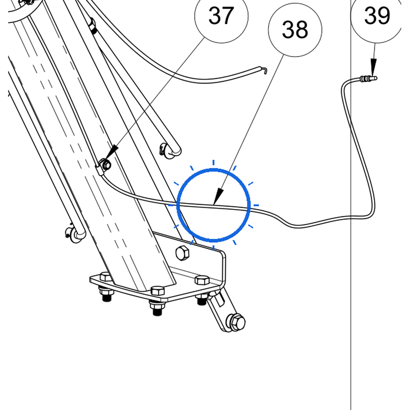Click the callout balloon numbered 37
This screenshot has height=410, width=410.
click(221, 16)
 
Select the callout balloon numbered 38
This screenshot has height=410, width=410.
click(295, 30)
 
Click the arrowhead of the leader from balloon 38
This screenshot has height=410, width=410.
click(218, 197)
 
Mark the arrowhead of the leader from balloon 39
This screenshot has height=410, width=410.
click(374, 67)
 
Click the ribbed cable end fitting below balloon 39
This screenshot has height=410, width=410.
click(368, 78)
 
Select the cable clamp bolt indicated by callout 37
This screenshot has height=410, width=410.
click(106, 165)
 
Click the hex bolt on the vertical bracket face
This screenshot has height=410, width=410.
click(182, 253)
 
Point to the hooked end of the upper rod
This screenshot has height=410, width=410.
click(264, 70)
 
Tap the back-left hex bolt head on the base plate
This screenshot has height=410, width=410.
click(106, 276)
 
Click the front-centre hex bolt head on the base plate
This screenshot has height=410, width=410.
click(158, 291)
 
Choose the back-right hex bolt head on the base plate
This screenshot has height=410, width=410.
click(202, 279)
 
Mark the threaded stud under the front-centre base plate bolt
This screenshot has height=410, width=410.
click(157, 309)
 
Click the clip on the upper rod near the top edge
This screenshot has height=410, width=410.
click(92, 26)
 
